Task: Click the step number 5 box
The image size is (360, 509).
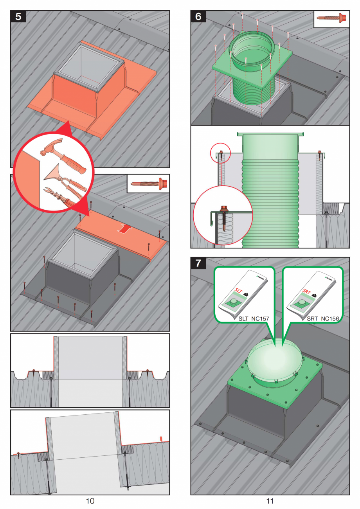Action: (x=18, y=17)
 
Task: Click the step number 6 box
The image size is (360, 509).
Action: (x=198, y=17)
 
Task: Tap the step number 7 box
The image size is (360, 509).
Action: (x=198, y=263)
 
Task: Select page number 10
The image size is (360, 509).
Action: (x=90, y=500)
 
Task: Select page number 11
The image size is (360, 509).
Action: (x=270, y=500)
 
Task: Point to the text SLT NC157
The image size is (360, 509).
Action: (x=254, y=319)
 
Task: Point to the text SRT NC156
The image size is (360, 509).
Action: (x=322, y=319)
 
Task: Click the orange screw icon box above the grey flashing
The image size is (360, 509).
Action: (x=148, y=183)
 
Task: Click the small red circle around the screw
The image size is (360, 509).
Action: (x=220, y=154)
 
